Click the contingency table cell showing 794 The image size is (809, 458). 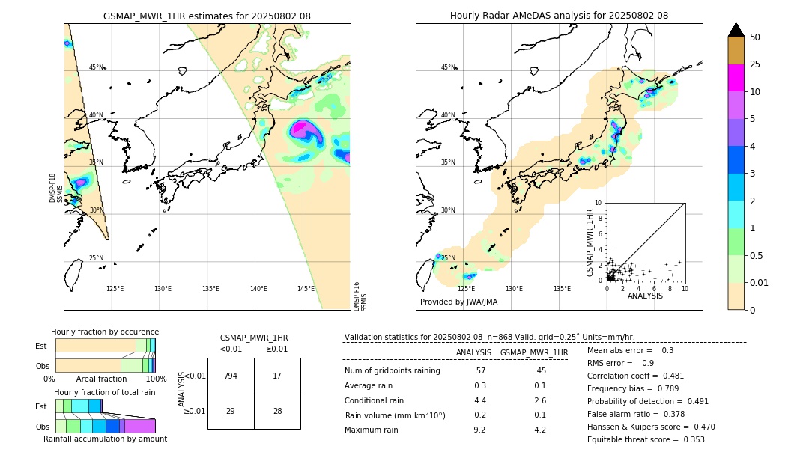pyautogui.click(x=231, y=376)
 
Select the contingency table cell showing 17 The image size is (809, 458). pyautogui.click(x=277, y=376)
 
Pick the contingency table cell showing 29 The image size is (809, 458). pyautogui.click(x=231, y=411)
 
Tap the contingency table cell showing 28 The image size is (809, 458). pyautogui.click(x=277, y=411)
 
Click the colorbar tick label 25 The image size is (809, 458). pyautogui.click(x=755, y=64)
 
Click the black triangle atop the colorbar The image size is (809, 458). pyautogui.click(x=736, y=30)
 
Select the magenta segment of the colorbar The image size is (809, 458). pyautogui.click(x=736, y=78)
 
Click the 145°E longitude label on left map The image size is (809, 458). pyautogui.click(x=306, y=289)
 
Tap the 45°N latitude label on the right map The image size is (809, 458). pyautogui.click(x=448, y=67)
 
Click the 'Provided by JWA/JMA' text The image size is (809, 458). pyautogui.click(x=458, y=302)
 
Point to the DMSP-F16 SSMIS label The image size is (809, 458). pyautogui.click(x=360, y=296)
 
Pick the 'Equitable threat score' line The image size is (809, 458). pyautogui.click(x=646, y=439)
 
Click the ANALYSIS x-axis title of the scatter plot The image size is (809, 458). pyautogui.click(x=645, y=296)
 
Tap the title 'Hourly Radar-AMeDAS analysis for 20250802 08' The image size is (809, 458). pyautogui.click(x=559, y=16)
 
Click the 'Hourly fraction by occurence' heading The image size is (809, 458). pyautogui.click(x=105, y=332)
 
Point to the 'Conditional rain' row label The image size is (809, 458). pyautogui.click(x=374, y=400)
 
